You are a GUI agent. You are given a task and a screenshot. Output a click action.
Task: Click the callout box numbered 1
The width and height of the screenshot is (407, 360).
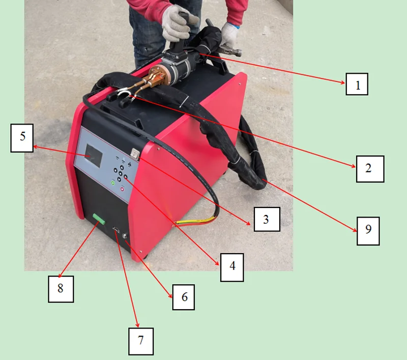tap(357, 84)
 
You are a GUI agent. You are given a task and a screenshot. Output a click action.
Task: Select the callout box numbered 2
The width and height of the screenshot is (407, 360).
tap(369, 169)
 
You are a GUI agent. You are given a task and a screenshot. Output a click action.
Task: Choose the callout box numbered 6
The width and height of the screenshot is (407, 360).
tap(184, 296)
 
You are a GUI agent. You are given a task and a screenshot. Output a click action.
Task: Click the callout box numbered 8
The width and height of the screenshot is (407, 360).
tap(61, 289)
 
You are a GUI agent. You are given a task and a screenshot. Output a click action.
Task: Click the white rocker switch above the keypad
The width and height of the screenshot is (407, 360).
tap(134, 152)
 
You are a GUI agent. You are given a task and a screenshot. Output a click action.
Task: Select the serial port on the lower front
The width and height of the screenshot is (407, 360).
tap(116, 231)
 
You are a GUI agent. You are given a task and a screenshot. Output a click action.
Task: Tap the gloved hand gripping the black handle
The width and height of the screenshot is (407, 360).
tap(176, 23)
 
